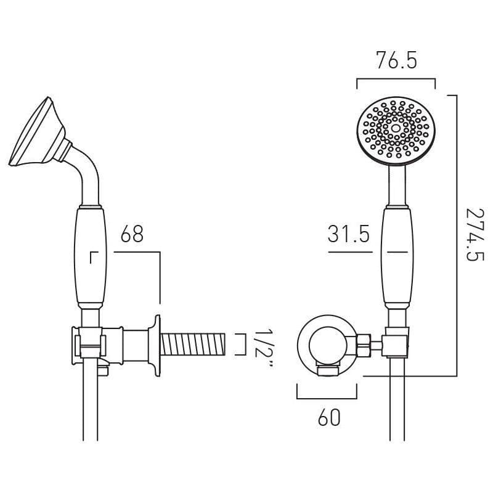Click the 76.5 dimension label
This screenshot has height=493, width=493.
point(396,62)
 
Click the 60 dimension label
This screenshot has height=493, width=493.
point(329,418)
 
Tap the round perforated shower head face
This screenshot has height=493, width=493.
point(396,130)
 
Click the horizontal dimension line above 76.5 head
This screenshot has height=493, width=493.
point(396,79)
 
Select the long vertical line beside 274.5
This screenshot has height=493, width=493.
point(456,234)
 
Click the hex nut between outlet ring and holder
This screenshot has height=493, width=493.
point(364,345)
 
